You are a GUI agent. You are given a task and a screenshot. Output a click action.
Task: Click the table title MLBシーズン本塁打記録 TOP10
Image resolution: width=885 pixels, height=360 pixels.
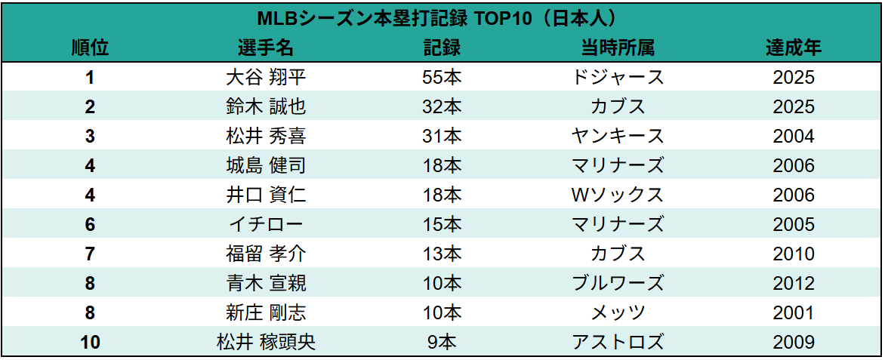coord(441,17)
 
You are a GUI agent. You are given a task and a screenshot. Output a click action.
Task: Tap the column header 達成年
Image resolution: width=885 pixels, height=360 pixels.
coord(794,48)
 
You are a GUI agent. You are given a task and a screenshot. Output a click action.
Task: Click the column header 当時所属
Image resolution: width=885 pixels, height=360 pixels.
coord(618,48)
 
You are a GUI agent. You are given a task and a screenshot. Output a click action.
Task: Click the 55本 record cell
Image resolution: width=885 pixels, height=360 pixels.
coord(442,77)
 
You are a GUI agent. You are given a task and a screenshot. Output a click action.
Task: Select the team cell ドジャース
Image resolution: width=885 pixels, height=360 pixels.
coord(618,77)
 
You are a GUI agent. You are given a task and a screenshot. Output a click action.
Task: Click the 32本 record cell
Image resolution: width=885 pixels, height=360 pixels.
coord(442,106)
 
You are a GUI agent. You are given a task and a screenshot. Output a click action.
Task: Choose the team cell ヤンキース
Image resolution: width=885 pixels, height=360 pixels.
coord(618,136)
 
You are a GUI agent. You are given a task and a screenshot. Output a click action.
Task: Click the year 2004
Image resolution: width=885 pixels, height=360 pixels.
coord(794,136)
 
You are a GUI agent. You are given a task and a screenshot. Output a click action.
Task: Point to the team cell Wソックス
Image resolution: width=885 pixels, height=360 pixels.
coord(618,195)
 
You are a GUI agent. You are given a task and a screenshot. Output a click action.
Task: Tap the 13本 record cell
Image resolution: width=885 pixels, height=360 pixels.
coord(442,254)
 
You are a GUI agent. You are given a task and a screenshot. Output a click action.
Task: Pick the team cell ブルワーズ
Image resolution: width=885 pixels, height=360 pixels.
coord(618,283)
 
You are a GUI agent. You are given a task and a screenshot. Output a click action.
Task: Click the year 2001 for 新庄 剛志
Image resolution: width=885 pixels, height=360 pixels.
coord(794,312)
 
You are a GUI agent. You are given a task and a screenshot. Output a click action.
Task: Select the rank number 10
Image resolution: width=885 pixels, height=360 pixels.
coord(90,342)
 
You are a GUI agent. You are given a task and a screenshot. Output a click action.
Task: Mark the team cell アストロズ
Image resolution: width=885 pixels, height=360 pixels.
coord(618,342)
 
